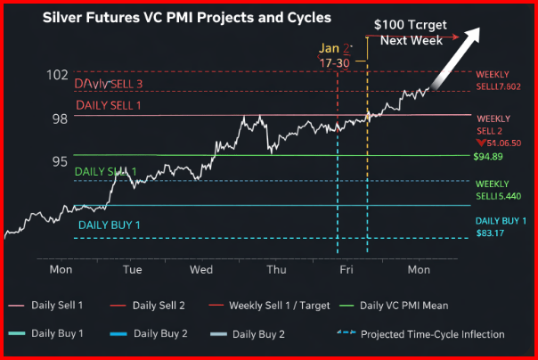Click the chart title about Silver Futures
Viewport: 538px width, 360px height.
(x=175, y=17)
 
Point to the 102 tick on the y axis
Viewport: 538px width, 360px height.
(x=57, y=75)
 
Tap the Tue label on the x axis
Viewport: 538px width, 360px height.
(x=132, y=268)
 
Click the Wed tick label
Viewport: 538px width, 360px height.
(x=200, y=268)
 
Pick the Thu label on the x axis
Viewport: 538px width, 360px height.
(x=276, y=268)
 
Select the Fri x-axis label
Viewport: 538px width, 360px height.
(x=346, y=268)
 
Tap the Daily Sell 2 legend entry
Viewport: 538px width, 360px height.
(x=159, y=306)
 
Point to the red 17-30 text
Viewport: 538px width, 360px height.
(x=335, y=63)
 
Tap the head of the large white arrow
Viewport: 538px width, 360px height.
(x=475, y=33)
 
